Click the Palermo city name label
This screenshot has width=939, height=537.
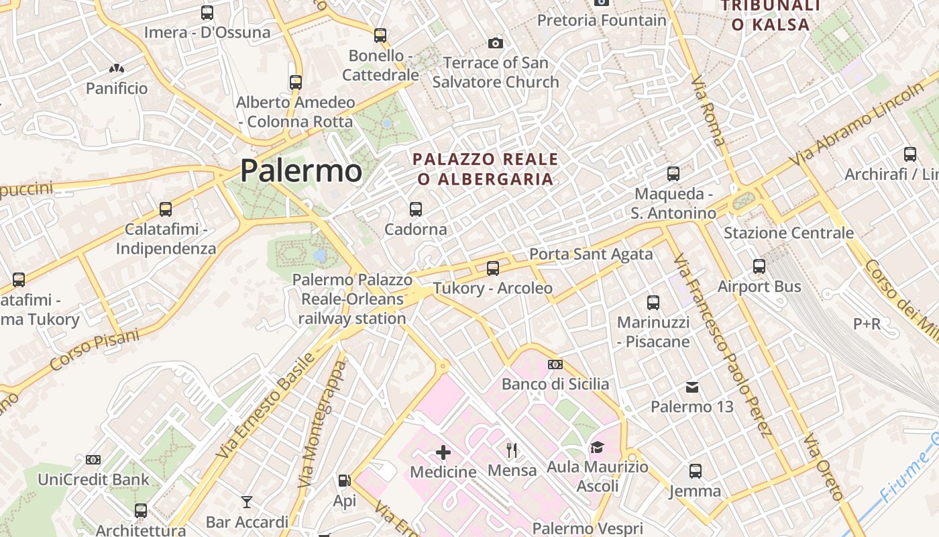[301, 170]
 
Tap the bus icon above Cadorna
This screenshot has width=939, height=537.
[416, 209]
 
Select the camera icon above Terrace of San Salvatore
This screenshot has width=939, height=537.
[495, 44]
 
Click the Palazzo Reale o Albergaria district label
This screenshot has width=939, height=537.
[486, 169]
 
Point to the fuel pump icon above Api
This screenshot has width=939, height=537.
[344, 481]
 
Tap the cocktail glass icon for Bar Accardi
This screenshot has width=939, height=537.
[247, 501]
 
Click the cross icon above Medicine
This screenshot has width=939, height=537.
[443, 452]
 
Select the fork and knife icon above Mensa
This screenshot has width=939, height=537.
[512, 450]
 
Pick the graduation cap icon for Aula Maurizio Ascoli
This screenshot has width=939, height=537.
[597, 447]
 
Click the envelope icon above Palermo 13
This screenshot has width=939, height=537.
[692, 387]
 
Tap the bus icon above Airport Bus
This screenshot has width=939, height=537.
[759, 266]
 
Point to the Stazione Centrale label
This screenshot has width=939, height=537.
[788, 233]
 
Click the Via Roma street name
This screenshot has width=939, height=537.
[708, 111]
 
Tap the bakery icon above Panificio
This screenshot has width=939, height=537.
[117, 68]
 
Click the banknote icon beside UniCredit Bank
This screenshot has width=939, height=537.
[93, 460]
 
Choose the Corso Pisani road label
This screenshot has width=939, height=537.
[94, 350]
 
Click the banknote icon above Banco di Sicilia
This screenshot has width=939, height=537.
[555, 364]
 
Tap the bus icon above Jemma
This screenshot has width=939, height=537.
[696, 471]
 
